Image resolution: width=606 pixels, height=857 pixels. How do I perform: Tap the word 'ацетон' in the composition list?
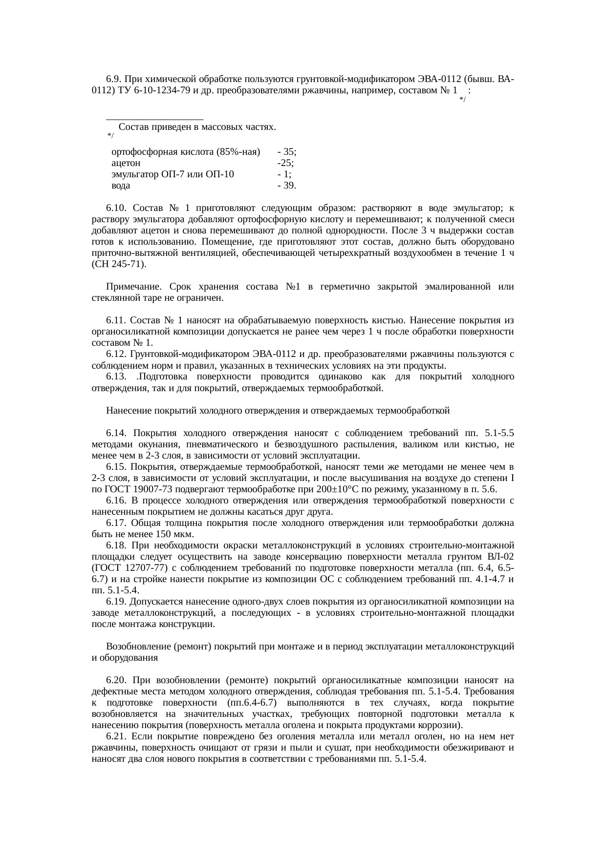pyautogui.click(x=126, y=163)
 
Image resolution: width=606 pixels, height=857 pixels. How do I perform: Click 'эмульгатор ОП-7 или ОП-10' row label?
pyautogui.click(x=173, y=174)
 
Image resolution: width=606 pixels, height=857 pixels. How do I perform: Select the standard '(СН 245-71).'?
pyautogui.click(x=119, y=264)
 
